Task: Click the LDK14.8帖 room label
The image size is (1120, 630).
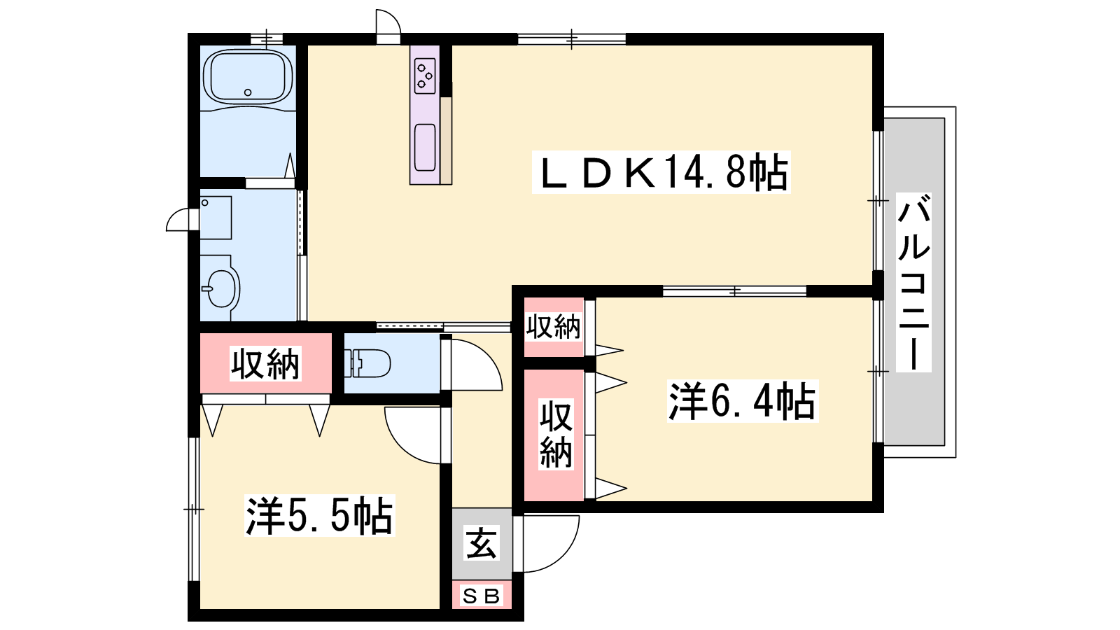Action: point(661,171)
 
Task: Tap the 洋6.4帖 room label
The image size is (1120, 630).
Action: point(743,400)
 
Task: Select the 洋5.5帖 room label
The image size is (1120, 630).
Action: point(319,515)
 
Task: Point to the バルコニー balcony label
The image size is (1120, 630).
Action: point(913,282)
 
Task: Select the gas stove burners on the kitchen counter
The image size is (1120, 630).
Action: point(425,76)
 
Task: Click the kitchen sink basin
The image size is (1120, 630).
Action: point(425,147)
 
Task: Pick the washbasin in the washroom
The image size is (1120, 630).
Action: point(220,288)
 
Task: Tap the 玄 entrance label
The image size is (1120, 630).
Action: point(482,543)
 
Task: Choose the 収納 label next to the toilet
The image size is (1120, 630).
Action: point(265,363)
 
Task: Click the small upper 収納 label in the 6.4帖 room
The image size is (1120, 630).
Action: point(553,327)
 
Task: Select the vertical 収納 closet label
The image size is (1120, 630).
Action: point(556,434)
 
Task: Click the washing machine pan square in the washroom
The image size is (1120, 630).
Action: point(216,218)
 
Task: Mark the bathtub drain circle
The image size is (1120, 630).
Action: point(248,92)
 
